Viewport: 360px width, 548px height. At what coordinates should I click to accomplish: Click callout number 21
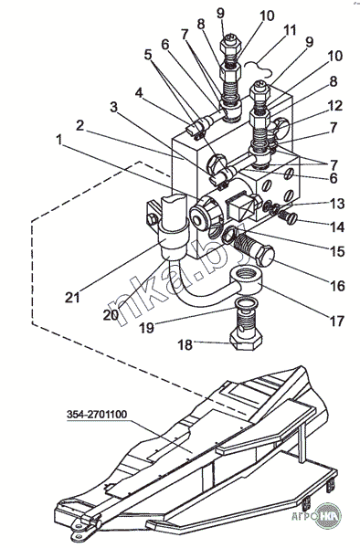pos(72,297)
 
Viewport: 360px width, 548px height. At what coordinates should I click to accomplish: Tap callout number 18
pos(185,344)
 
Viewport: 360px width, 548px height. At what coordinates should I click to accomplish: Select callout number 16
pos(338,286)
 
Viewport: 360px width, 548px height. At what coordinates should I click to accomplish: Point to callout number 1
pos(59,140)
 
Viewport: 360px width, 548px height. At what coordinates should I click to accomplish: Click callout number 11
pos(289,30)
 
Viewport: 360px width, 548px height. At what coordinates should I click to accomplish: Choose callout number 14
pos(338,227)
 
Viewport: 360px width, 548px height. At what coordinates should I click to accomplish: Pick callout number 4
pos(140,94)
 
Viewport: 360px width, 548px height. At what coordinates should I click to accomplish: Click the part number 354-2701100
pos(97,415)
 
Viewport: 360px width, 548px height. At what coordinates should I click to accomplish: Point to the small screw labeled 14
pos(289,217)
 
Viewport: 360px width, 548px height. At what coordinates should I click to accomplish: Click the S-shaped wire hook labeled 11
pos(259,67)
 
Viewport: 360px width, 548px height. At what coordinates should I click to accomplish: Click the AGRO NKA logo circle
pos(328,516)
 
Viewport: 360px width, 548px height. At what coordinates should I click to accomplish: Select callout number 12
pos(334,105)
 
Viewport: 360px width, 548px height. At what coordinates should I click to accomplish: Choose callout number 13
pos(338,203)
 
